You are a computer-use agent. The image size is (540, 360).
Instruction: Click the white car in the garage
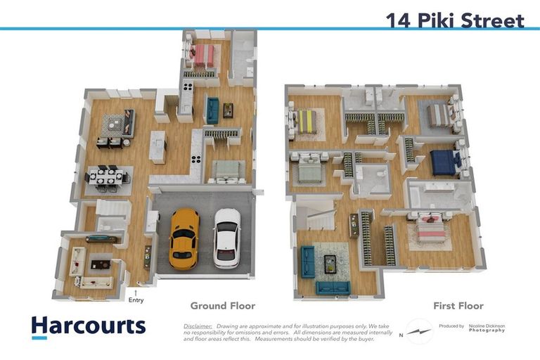tap(226, 238)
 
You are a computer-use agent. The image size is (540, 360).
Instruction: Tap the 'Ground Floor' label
tap(222, 306)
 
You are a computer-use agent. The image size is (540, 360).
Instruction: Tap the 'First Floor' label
tap(457, 306)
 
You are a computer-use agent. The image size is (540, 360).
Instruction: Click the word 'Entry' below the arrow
tap(136, 300)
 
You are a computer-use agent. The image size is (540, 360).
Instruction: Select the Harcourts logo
tap(88, 326)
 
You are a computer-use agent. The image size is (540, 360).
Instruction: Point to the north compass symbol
tap(420, 330)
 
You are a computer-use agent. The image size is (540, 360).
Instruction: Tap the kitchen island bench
tap(158, 147)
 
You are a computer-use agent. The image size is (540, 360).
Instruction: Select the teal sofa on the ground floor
tap(212, 110)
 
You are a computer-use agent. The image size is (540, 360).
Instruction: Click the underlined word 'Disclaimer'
tap(198, 326)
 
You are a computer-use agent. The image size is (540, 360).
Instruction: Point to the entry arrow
tap(136, 290)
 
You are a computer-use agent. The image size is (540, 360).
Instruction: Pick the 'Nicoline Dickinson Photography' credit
tap(488, 328)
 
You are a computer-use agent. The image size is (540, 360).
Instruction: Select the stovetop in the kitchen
tap(188, 87)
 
